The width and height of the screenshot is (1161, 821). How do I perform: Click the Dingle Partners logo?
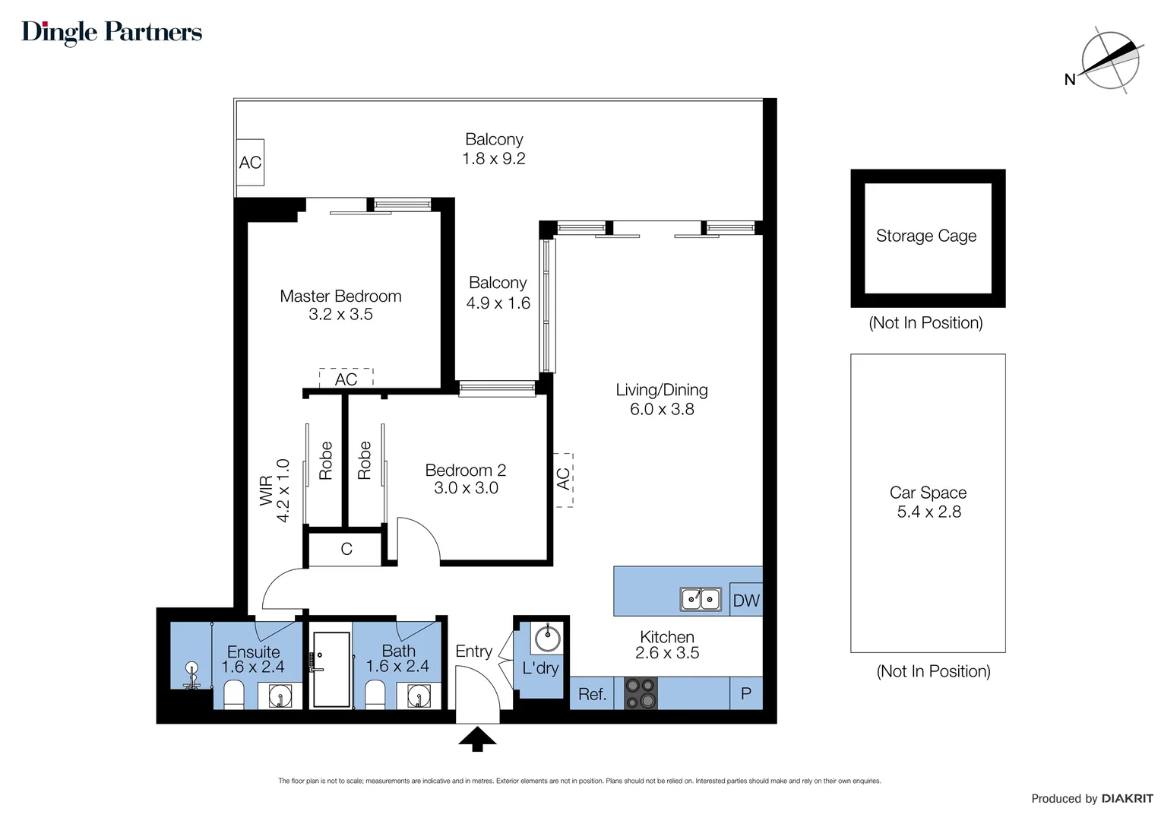tap(112, 32)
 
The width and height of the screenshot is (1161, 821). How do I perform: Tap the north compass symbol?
tap(1110, 61)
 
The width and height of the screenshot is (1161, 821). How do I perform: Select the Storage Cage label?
tap(926, 236)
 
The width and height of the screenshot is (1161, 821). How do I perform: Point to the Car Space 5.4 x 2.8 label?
tap(928, 502)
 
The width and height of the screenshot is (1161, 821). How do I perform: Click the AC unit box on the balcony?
tap(250, 162)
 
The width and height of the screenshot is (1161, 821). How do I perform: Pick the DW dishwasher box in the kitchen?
tap(745, 600)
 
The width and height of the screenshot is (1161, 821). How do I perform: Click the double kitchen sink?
tap(701, 599)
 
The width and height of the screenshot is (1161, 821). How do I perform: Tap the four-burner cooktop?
tap(641, 693)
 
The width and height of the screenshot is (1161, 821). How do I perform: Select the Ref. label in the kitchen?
tap(592, 694)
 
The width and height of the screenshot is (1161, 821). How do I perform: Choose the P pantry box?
tap(745, 693)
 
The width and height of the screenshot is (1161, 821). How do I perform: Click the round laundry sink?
tap(547, 638)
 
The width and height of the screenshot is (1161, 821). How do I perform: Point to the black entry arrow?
tap(477, 739)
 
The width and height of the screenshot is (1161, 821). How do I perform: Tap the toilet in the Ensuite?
tap(233, 694)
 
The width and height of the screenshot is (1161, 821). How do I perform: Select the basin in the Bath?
tap(419, 696)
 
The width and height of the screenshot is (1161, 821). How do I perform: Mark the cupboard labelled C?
tap(346, 549)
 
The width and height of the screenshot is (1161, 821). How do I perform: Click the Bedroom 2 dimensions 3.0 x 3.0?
tap(466, 488)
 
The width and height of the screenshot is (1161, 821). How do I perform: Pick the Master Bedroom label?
tap(340, 296)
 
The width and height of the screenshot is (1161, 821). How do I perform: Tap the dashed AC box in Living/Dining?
tap(563, 479)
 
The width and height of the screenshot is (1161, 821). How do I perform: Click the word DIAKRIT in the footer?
tap(1127, 798)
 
